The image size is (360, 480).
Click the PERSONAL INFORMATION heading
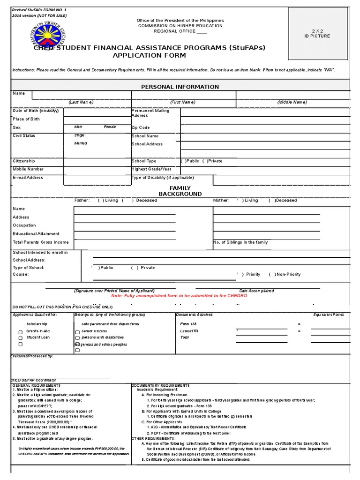coord(180,87)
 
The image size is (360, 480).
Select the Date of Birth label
coord(36,111)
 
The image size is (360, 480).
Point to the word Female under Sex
coord(110,127)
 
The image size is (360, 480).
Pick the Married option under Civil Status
coord(81,143)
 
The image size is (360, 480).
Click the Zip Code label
coord(141,127)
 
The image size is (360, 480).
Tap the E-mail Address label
coord(28,178)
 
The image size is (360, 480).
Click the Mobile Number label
coord(28,169)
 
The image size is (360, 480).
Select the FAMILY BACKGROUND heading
coord(180,191)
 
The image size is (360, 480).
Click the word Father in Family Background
coord(82,200)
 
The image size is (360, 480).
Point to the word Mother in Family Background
coord(221,200)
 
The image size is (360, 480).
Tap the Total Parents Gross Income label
coord(41,242)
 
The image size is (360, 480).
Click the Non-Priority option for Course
coord(286,274)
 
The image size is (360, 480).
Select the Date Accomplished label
coord(256,291)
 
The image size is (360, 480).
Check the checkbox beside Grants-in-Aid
coord(20,332)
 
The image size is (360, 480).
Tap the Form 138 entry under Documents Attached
coord(188,324)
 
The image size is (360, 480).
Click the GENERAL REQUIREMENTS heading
coord(34,385)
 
